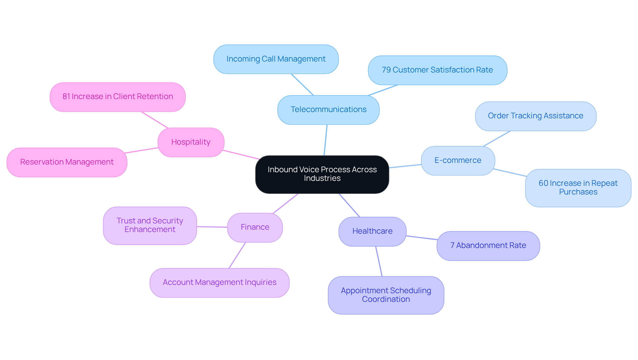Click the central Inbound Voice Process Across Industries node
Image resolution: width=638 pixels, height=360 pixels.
(x=322, y=174)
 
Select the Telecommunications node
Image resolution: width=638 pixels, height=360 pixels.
(x=328, y=110)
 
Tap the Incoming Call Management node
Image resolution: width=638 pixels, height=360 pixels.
(x=276, y=59)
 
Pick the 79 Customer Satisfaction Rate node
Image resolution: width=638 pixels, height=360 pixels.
(x=437, y=70)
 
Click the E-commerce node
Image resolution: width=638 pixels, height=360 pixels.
(x=458, y=161)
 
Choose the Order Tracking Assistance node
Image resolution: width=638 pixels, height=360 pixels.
(x=535, y=116)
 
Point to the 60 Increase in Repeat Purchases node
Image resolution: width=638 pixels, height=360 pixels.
(x=578, y=188)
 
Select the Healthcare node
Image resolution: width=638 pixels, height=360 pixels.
(x=372, y=231)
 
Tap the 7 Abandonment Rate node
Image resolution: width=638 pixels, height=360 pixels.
(x=488, y=246)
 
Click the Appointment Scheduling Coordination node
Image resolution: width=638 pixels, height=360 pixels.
(x=386, y=295)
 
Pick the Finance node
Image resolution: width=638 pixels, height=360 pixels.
(x=255, y=227)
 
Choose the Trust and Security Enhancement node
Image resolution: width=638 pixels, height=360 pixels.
(x=150, y=225)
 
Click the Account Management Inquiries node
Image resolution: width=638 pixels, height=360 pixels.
(x=219, y=283)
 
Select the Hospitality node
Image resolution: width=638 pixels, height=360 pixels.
(x=191, y=142)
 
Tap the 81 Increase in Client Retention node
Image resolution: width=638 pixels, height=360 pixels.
(x=118, y=97)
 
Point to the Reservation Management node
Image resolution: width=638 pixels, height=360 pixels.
(x=67, y=162)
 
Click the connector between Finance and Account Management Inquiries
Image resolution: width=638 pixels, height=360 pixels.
(x=237, y=255)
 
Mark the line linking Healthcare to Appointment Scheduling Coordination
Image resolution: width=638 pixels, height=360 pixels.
(x=379, y=261)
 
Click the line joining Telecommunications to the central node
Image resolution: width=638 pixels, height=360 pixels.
(x=326, y=140)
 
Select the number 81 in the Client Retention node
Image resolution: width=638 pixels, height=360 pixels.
(x=66, y=97)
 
